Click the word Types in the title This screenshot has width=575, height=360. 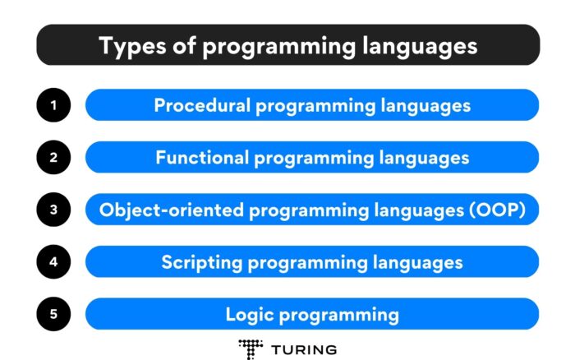130,45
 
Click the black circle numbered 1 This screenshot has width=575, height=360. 53,105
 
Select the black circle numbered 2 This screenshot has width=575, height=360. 53,157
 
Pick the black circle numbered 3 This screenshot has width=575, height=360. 53,210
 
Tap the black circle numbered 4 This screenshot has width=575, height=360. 53,262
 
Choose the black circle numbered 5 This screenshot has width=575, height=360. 53,314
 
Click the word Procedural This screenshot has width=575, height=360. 196,105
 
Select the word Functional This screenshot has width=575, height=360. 197,157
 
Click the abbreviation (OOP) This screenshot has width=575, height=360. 502,210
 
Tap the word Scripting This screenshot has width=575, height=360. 197,262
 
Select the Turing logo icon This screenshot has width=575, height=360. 250,347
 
